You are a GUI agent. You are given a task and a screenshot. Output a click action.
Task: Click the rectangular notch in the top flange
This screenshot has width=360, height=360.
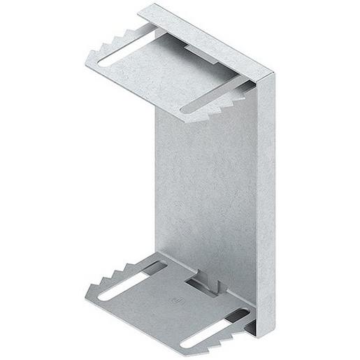(203, 43)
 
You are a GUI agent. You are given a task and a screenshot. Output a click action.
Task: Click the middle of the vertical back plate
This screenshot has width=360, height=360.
(206, 189)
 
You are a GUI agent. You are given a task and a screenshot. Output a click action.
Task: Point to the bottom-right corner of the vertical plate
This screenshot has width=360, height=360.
(265, 333)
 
